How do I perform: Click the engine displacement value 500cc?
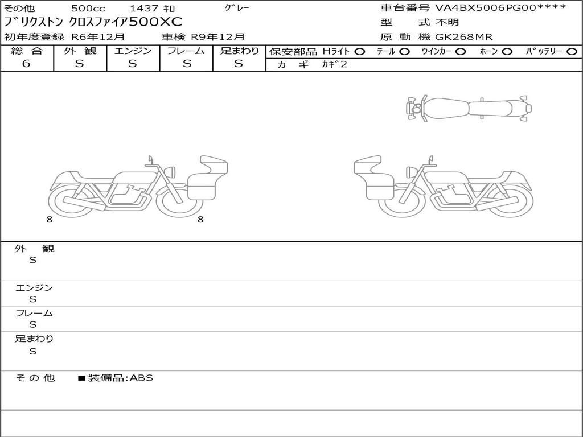(x=88, y=8)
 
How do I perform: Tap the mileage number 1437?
(x=144, y=8)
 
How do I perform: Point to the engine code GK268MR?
(x=463, y=37)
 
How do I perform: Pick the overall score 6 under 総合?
(x=26, y=64)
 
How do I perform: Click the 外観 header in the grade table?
(x=80, y=51)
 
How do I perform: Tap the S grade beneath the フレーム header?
(x=187, y=64)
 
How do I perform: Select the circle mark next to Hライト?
(x=360, y=52)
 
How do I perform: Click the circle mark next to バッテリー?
(x=572, y=52)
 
